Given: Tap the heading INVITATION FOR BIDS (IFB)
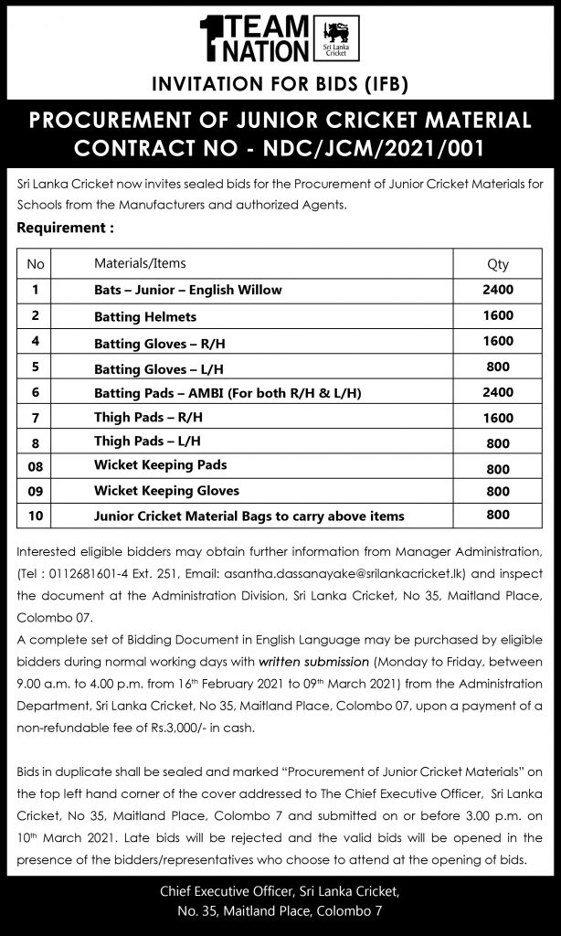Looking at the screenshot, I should point(280,86).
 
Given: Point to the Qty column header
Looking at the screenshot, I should point(498,264).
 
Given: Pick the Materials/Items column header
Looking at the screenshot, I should point(140,263).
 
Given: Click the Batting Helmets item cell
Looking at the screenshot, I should point(145,317).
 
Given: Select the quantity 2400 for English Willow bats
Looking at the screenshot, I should point(498,290).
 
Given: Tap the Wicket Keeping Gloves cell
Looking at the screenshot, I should point(166,490).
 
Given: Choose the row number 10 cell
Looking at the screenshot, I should point(37,516).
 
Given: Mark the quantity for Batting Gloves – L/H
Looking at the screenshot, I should point(498,366).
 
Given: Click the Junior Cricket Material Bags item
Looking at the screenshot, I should point(249,516).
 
